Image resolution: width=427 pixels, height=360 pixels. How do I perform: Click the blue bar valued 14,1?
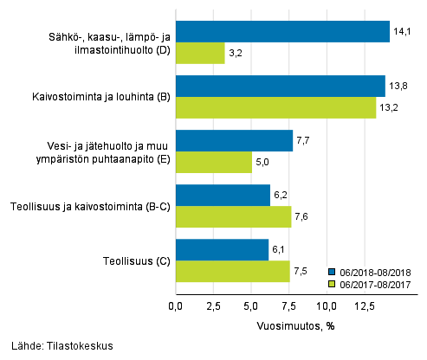[x=282, y=32]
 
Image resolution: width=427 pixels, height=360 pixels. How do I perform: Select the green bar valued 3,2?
[x=200, y=53]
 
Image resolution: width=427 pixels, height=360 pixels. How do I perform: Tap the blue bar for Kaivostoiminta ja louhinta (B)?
[x=280, y=87]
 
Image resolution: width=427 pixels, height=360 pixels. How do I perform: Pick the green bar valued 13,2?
[x=275, y=107]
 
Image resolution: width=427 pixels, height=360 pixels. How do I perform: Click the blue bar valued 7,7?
[x=234, y=141]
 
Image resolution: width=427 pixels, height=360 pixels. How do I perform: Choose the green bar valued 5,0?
[x=214, y=162]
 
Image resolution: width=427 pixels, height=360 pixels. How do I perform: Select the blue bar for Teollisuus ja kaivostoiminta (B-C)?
[x=223, y=196]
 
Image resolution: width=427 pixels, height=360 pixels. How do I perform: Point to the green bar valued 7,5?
[x=232, y=271]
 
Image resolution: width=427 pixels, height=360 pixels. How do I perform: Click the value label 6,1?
[x=279, y=250]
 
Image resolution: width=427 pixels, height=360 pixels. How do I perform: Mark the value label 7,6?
[x=302, y=217]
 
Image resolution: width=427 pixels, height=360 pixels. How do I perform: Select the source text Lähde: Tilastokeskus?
[x=57, y=346]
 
